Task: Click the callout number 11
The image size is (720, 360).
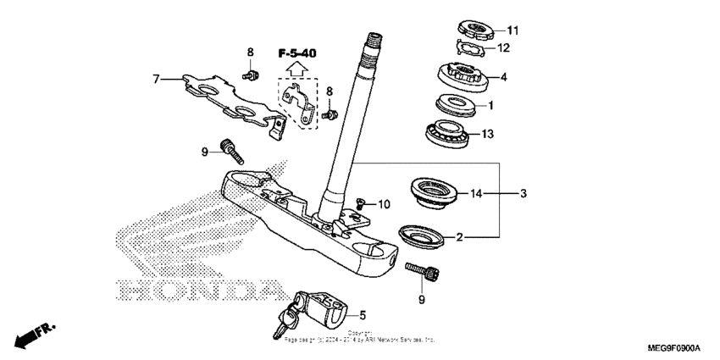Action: tap(512, 30)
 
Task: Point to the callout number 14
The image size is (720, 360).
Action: tap(477, 194)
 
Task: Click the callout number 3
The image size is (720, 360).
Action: tap(523, 194)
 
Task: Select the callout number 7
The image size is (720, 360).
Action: tap(155, 80)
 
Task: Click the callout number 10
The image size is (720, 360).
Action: tap(384, 204)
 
